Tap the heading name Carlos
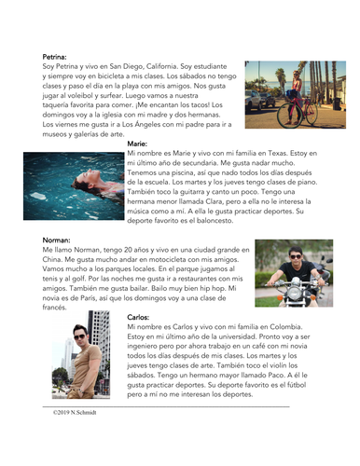click(137, 318)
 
